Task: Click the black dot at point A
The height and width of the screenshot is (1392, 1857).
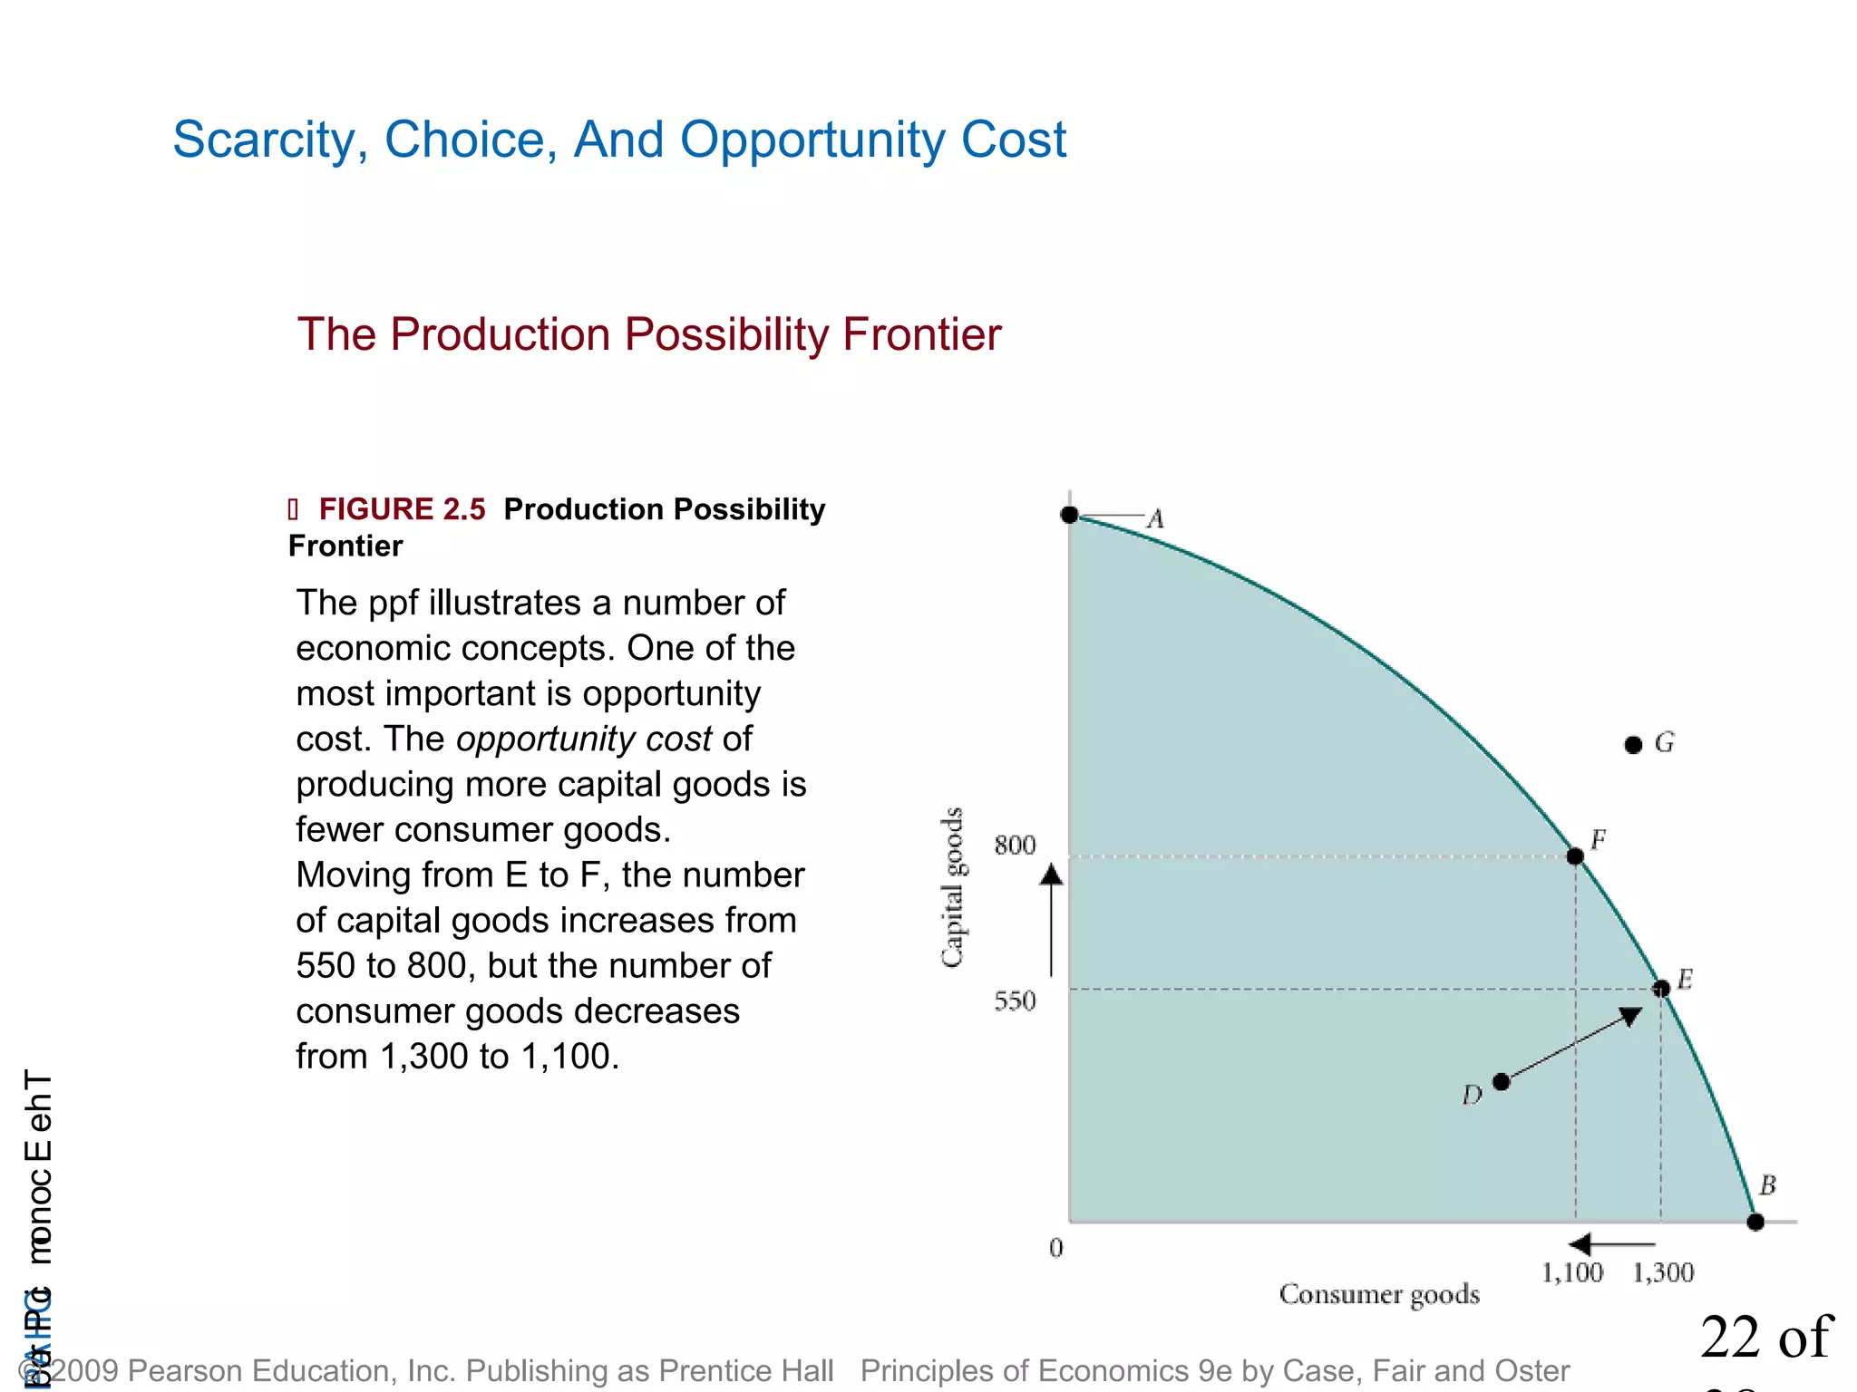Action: [x=1069, y=515]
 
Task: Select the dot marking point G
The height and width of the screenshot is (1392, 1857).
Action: [x=1633, y=745]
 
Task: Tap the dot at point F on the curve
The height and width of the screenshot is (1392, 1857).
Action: [x=1575, y=855]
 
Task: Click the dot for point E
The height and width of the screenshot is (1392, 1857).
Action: [x=1661, y=989]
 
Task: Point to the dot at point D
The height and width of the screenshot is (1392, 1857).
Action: [x=1501, y=1081]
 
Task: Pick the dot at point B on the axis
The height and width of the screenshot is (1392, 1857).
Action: [x=1755, y=1222]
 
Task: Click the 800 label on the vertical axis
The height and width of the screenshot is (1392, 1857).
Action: [x=1014, y=846]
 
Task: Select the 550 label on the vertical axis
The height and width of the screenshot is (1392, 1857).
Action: [x=1014, y=1001]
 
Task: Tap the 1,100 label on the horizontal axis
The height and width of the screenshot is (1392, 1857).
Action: [x=1572, y=1273]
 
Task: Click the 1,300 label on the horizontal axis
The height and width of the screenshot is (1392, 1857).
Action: [x=1663, y=1273]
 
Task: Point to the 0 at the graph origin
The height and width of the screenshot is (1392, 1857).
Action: [x=1055, y=1249]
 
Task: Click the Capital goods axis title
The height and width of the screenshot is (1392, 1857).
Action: [x=951, y=888]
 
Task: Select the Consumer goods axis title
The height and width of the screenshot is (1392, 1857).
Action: [x=1378, y=1294]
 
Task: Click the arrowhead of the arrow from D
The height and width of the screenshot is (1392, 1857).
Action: [x=1630, y=1016]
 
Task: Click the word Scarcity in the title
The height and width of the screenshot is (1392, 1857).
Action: [x=268, y=140]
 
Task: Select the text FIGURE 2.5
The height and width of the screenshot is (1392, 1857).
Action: [x=402, y=509]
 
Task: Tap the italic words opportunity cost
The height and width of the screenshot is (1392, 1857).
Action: [x=584, y=739]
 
